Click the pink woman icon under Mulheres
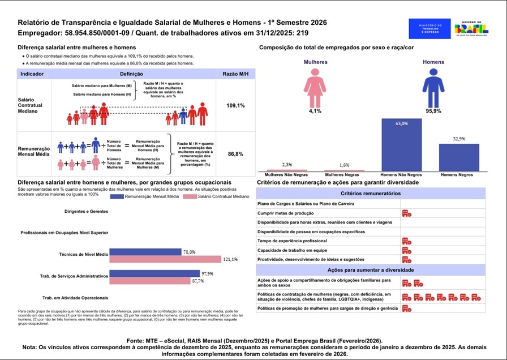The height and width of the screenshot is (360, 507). pos(315,88)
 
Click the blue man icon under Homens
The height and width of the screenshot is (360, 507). pos(433,88)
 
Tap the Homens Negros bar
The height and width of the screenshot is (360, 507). pos(459,157)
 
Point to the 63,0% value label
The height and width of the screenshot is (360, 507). pos(401,123)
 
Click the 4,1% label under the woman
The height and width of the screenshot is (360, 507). pos(315,111)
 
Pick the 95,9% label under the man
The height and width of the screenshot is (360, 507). pos(433,111)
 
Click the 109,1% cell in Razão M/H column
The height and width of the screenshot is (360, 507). pos(235,105)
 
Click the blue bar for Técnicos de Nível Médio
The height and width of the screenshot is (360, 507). pos(145,252)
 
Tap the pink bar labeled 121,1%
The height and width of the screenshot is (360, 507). pos(166,259)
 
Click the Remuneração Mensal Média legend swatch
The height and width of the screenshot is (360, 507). pos(124,196)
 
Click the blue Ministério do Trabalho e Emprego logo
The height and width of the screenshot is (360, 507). pos(429,28)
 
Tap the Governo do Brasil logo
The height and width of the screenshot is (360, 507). pos(471,28)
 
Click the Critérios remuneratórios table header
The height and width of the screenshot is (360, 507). pos(371,194)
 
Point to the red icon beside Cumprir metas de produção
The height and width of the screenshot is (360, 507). pos(406,213)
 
